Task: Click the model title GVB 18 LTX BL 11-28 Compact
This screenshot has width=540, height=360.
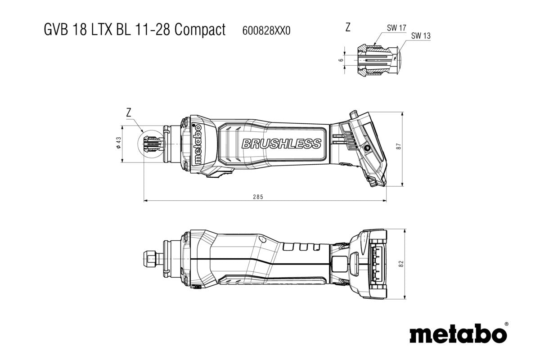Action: pyautogui.click(x=135, y=30)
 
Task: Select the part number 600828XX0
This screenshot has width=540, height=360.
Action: pyautogui.click(x=266, y=31)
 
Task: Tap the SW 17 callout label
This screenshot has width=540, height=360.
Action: pyautogui.click(x=396, y=28)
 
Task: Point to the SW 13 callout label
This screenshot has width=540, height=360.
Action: pyautogui.click(x=421, y=36)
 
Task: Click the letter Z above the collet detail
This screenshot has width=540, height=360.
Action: pyautogui.click(x=347, y=27)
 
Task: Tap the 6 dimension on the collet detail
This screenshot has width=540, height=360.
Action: pyautogui.click(x=341, y=59)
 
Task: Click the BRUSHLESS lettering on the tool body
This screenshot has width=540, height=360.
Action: pyautogui.click(x=281, y=144)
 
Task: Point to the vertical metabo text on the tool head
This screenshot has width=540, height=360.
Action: pyautogui.click(x=197, y=144)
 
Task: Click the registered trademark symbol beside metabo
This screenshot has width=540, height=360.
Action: pyautogui.click(x=506, y=324)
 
